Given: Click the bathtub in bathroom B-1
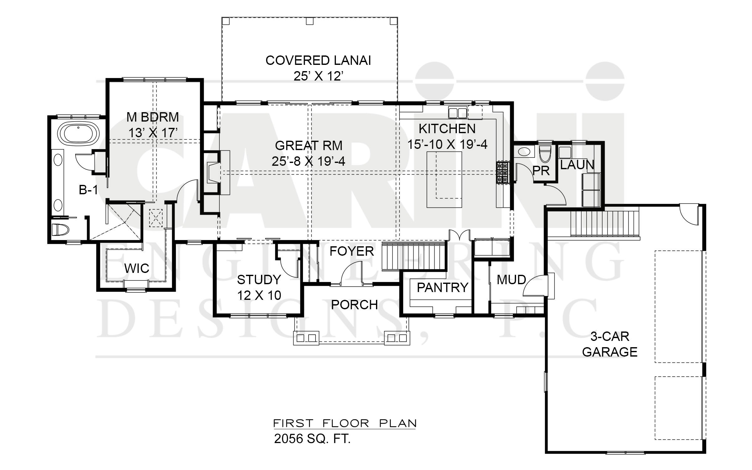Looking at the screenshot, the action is pyautogui.click(x=78, y=133).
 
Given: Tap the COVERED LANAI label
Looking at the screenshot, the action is pyautogui.click(x=318, y=60).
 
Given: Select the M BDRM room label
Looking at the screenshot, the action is pyautogui.click(x=153, y=117).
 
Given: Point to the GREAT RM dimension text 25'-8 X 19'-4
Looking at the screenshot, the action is pyautogui.click(x=308, y=161).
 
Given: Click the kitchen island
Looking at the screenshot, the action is pyautogui.click(x=444, y=179).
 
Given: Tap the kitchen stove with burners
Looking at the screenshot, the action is pyautogui.click(x=503, y=172).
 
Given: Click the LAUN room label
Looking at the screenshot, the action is pyautogui.click(x=577, y=165).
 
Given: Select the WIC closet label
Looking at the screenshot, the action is pyautogui.click(x=137, y=269).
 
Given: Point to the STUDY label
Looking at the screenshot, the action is pyautogui.click(x=259, y=279).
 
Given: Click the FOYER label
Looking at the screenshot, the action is pyautogui.click(x=352, y=251).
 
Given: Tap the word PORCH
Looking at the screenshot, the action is pyautogui.click(x=354, y=305).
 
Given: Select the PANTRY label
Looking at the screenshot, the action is pyautogui.click(x=442, y=287).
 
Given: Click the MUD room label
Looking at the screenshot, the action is pyautogui.click(x=511, y=280).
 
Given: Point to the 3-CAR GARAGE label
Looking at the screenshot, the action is pyautogui.click(x=610, y=344).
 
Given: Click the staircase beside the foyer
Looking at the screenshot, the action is pyautogui.click(x=414, y=255).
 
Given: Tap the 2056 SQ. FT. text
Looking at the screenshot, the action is pyautogui.click(x=312, y=439).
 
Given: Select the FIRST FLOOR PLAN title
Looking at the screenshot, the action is pyautogui.click(x=345, y=423).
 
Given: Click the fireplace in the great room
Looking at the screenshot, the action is pyautogui.click(x=216, y=172).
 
